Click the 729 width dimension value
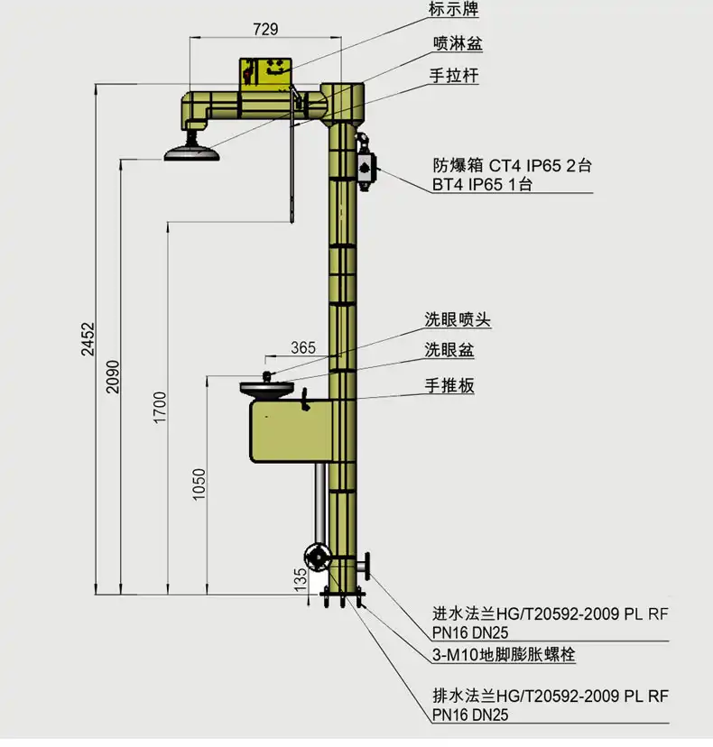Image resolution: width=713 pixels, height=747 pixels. click(x=265, y=29)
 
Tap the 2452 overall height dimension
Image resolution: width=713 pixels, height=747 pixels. click(x=88, y=338)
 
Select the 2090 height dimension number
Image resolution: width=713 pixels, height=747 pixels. click(x=113, y=376)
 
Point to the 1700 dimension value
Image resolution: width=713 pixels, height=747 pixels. click(x=160, y=407)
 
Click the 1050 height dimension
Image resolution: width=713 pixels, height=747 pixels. click(x=199, y=484)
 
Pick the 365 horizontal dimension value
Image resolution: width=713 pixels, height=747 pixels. click(x=303, y=347)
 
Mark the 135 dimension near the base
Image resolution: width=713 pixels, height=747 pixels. click(x=301, y=579)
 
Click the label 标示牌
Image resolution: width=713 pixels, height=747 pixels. click(x=453, y=9)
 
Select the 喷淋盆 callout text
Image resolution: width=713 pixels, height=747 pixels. click(x=458, y=43)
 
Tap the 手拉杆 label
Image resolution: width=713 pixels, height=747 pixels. click(x=454, y=75)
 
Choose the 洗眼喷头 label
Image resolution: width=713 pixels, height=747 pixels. click(x=458, y=319)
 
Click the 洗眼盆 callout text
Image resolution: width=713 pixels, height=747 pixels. click(x=449, y=350)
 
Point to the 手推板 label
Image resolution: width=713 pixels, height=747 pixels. click(x=449, y=385)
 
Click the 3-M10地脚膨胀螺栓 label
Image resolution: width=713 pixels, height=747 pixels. click(x=504, y=655)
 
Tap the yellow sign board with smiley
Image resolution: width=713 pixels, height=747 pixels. click(x=265, y=72)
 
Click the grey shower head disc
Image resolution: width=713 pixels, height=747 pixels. click(x=192, y=153)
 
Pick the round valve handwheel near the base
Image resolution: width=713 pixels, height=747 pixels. click(x=318, y=557)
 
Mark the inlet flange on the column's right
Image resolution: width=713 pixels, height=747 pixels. click(x=366, y=566)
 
